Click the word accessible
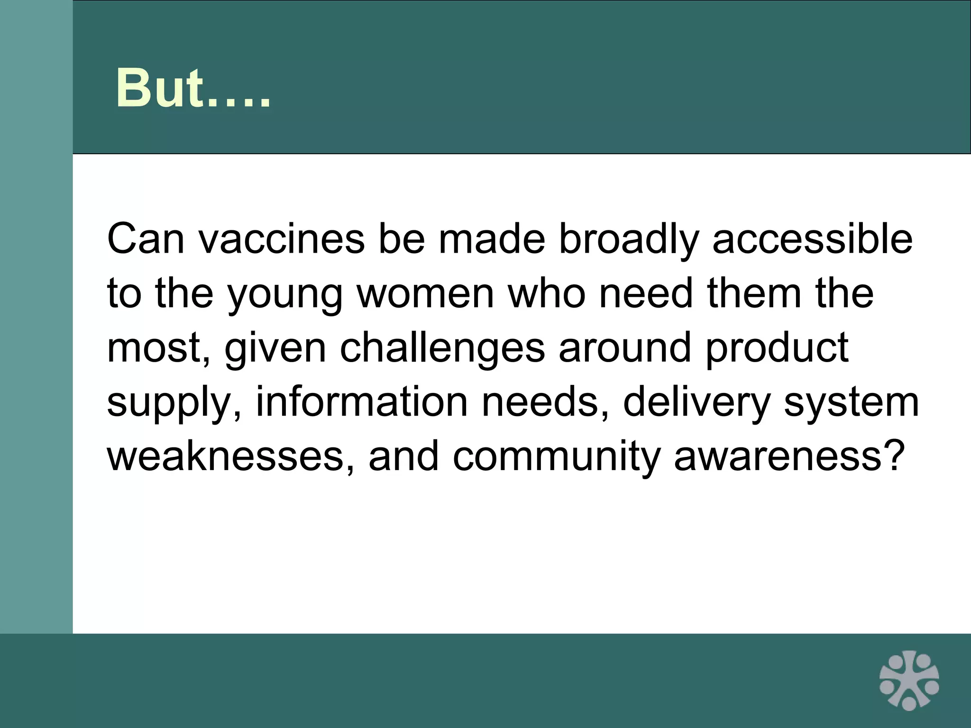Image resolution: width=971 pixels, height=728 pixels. point(812,238)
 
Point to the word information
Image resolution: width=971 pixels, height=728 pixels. point(362,402)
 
